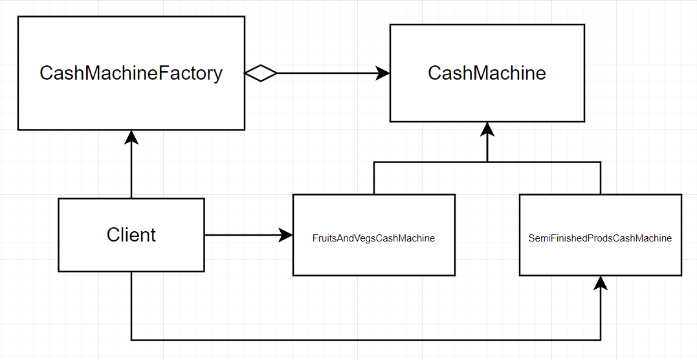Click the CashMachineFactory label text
[x=131, y=73]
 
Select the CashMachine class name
[x=487, y=73]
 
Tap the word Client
[x=131, y=234]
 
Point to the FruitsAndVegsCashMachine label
[x=373, y=238]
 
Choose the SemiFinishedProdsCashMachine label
[x=600, y=238]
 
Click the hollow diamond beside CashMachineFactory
[x=261, y=73]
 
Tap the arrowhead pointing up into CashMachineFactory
[x=131, y=137]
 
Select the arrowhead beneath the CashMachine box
[x=487, y=129]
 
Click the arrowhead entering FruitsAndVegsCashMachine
[x=285, y=234]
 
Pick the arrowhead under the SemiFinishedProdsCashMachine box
[x=601, y=283]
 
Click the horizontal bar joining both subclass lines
[x=487, y=162]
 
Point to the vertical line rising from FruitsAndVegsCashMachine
[x=374, y=178]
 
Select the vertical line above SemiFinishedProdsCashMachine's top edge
[x=601, y=178]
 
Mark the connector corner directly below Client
[x=131, y=339]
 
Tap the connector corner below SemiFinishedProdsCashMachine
[x=601, y=339]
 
